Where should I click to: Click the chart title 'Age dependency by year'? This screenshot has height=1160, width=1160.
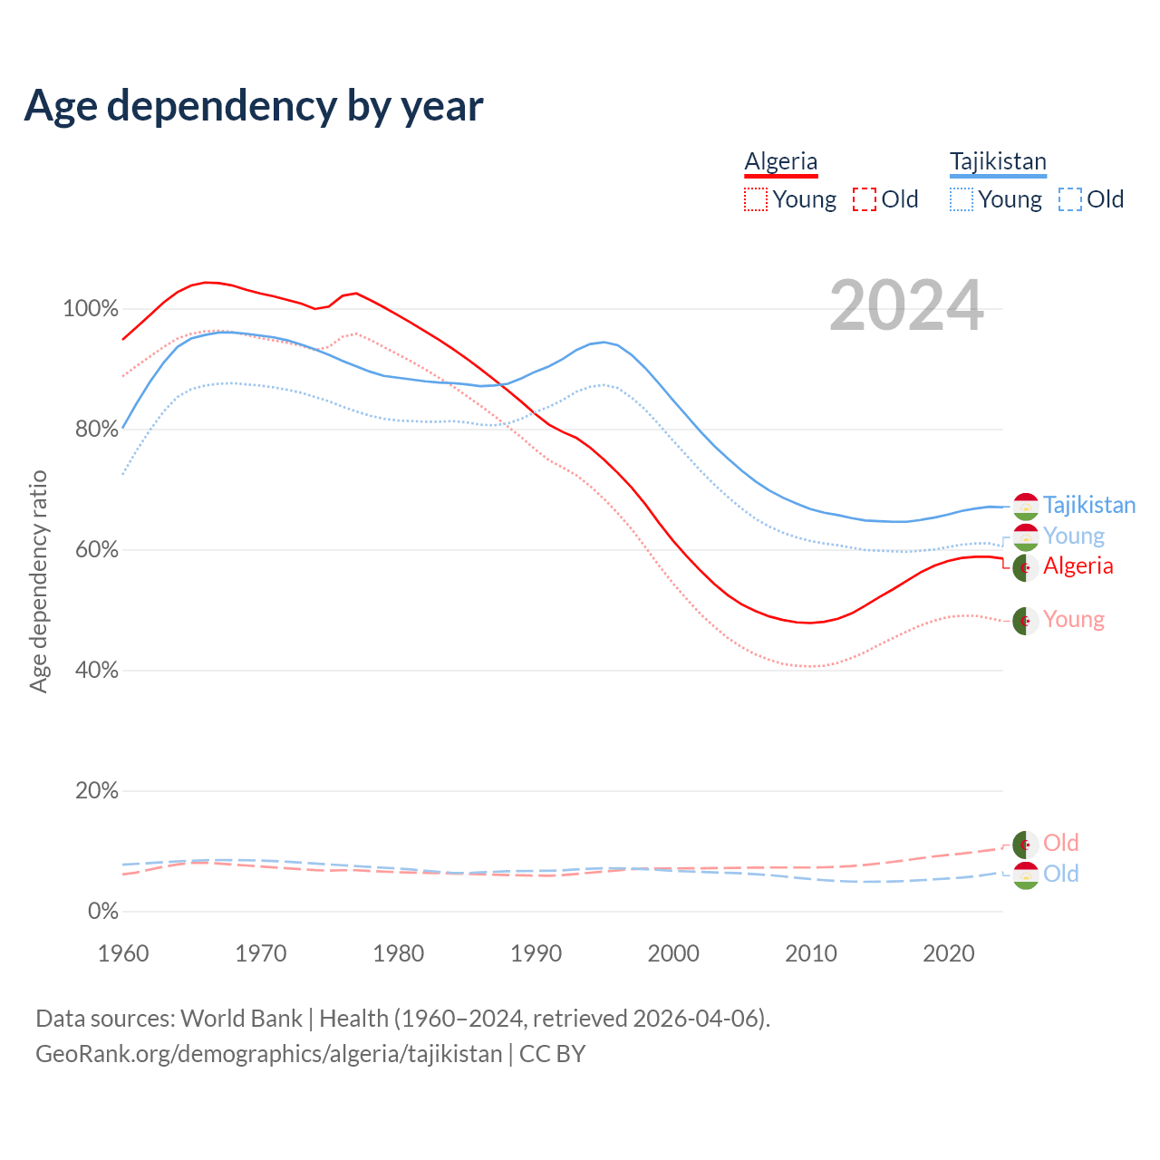[x=254, y=106]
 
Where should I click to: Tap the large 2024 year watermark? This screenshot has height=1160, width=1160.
[x=906, y=306]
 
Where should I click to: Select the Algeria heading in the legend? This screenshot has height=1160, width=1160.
[x=781, y=161]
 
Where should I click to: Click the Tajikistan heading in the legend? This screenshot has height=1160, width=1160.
[x=998, y=161]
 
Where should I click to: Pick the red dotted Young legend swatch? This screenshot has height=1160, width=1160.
[x=755, y=199]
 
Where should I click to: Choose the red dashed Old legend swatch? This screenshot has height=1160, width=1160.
[x=865, y=199]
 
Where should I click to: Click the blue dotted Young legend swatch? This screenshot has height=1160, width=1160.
[x=962, y=199]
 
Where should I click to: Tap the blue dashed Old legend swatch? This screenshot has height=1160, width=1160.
[x=1070, y=199]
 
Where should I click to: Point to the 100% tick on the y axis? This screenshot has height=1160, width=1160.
[x=91, y=309]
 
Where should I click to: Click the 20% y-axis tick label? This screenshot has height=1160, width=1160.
[x=97, y=791]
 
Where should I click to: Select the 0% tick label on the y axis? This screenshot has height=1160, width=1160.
[x=103, y=912]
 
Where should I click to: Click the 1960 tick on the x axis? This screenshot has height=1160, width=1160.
[x=123, y=953]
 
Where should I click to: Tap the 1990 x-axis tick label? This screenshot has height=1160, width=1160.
[x=536, y=953]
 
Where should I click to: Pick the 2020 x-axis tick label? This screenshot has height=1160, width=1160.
[x=949, y=953]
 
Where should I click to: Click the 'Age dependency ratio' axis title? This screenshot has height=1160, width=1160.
[x=38, y=581]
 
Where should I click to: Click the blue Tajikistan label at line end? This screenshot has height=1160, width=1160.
[x=1088, y=505]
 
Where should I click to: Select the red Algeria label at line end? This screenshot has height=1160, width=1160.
[x=1078, y=565]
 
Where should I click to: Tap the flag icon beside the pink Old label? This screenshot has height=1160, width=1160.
[x=1025, y=844]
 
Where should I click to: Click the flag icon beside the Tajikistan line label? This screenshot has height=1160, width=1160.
[x=1025, y=507]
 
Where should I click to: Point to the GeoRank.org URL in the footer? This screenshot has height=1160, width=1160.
[x=268, y=1054]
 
